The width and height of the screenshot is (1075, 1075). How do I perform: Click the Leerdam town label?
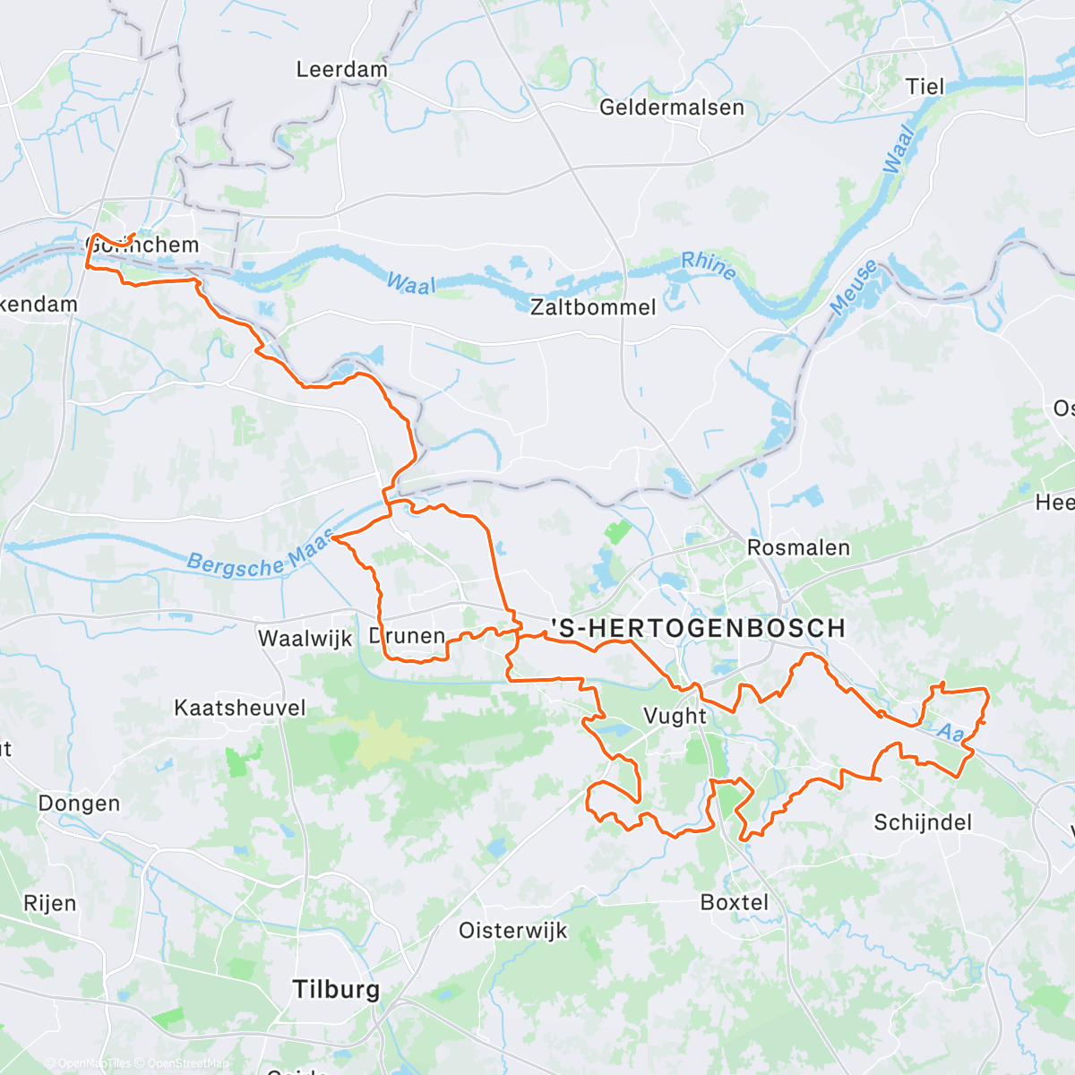pos(341,70)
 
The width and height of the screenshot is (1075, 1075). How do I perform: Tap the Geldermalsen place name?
pos(671,107)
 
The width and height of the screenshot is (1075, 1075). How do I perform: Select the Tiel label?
pos(924,87)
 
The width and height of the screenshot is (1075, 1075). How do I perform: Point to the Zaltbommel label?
pos(593,307)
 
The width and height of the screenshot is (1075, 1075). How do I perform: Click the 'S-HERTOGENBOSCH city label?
pos(698,628)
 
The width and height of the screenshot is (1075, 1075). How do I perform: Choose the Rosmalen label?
pos(798,547)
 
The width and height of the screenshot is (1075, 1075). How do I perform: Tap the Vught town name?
pos(675,716)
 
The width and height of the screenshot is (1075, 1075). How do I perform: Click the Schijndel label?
pos(922,821)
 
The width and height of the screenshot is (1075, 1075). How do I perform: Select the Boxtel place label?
pos(734,902)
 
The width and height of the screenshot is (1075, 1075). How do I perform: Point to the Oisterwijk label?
pos(512,930)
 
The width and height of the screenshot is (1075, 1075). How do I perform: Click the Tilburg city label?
pos(336,989)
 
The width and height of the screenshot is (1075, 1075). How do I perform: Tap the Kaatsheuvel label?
pos(239,708)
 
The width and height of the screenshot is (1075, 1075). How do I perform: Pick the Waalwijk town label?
pos(305,639)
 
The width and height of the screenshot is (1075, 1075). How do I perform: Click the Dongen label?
pos(79,804)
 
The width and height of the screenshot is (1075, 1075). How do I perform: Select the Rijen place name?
pos(49,903)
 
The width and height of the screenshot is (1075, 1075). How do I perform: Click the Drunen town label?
pos(408,636)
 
